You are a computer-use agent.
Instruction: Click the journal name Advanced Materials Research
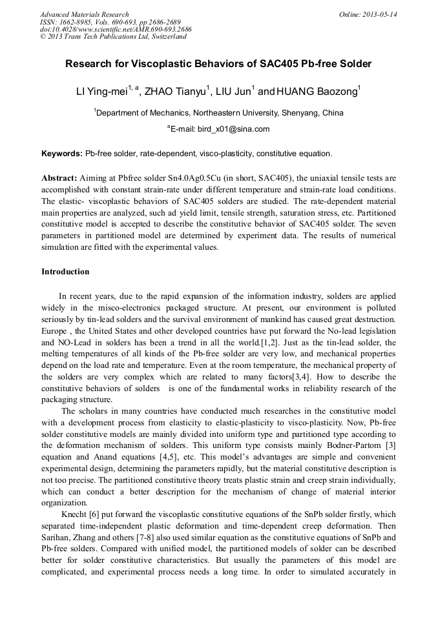[x=84, y=14]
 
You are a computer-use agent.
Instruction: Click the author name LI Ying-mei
[x=101, y=92]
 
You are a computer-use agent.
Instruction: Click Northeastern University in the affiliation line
[x=239, y=112]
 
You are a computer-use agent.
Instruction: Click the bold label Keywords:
[x=62, y=154]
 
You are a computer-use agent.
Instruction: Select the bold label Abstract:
[x=59, y=177]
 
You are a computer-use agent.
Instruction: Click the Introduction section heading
[x=65, y=272]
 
